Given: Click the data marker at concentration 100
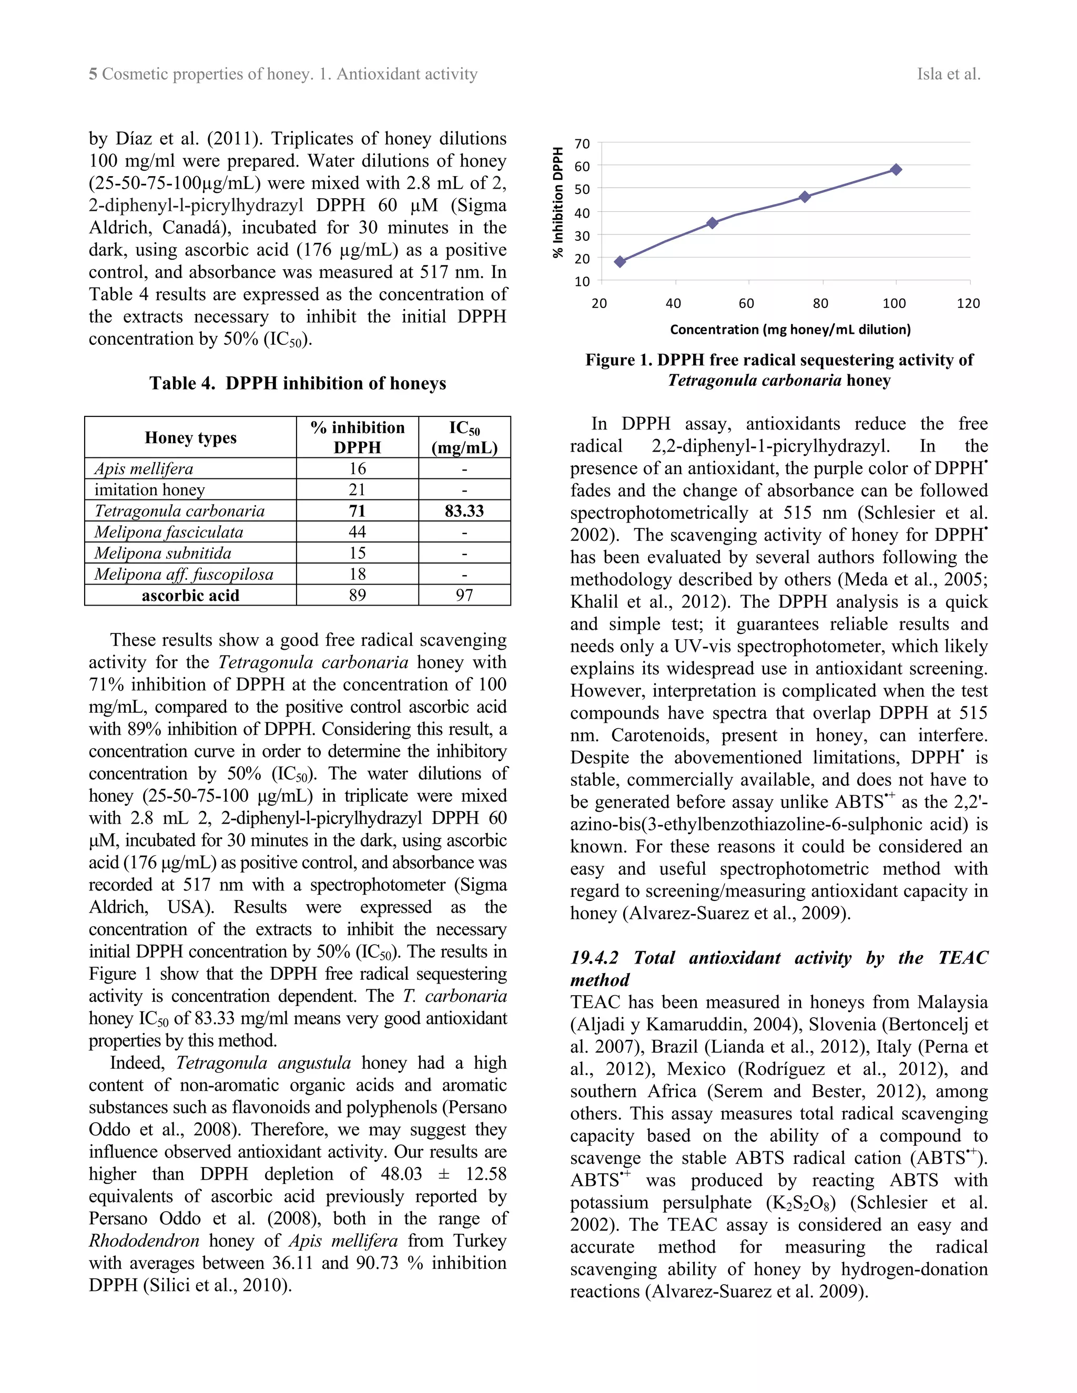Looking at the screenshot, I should pyautogui.click(x=896, y=170).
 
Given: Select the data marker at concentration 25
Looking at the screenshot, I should pyautogui.click(x=619, y=261).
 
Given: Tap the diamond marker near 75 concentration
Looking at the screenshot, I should pyautogui.click(x=805, y=197).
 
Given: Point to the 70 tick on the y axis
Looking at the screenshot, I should pyautogui.click(x=582, y=144).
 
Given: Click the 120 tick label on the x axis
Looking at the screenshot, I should pyautogui.click(x=968, y=304).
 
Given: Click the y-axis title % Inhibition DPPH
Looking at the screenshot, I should pyautogui.click(x=558, y=203).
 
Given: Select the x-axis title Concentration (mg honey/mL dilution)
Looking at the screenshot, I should pyautogui.click(x=790, y=330).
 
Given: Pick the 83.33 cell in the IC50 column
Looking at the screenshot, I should pyautogui.click(x=464, y=511).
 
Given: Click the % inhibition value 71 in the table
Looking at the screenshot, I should pyautogui.click(x=357, y=511).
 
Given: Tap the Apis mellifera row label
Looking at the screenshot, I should pyautogui.click(x=144, y=469).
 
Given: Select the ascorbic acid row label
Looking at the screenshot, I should pyautogui.click(x=190, y=596).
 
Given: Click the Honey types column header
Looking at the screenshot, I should pyautogui.click(x=190, y=437).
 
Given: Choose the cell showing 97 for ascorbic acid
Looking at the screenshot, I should pyautogui.click(x=464, y=596).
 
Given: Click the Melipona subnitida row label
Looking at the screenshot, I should pyautogui.click(x=162, y=553).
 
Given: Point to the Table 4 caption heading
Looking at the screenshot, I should pyautogui.click(x=297, y=383).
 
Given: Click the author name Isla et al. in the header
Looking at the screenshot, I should pyautogui.click(x=948, y=75).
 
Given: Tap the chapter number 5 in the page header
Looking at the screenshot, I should pyautogui.click(x=93, y=75).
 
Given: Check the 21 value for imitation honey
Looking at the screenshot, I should pyautogui.click(x=357, y=490).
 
